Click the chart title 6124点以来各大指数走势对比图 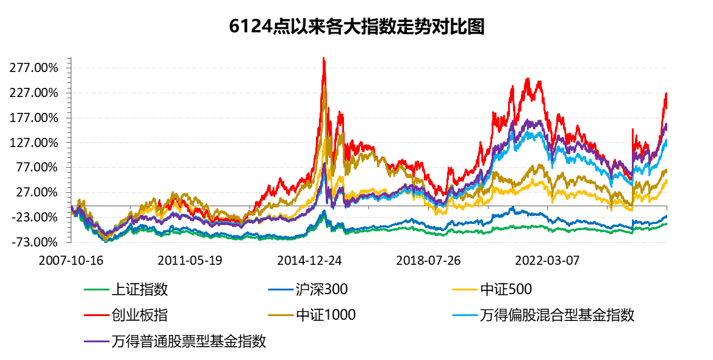[356, 27]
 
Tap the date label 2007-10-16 [71, 260]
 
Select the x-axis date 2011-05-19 [190, 260]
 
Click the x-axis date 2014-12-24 [309, 260]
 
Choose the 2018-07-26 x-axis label [428, 260]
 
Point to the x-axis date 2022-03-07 [547, 260]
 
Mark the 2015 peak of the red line [323, 58]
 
